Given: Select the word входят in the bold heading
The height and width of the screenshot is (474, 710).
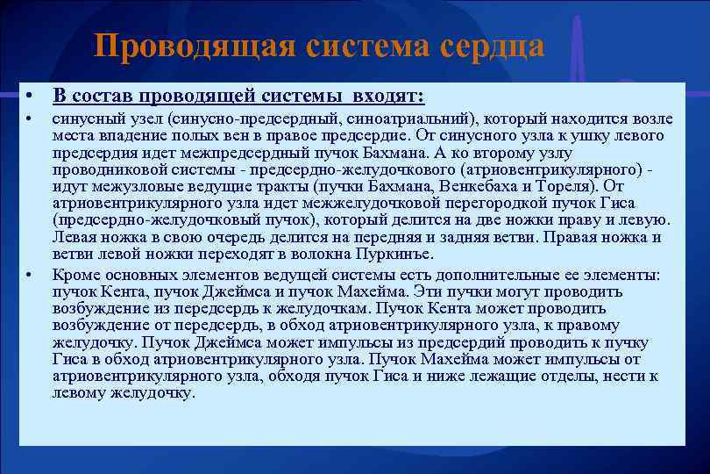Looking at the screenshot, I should pos(387,94).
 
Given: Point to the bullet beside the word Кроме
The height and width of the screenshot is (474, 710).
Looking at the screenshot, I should pos(29,275).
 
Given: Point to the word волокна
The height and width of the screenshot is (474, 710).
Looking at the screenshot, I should pos(329,255).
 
